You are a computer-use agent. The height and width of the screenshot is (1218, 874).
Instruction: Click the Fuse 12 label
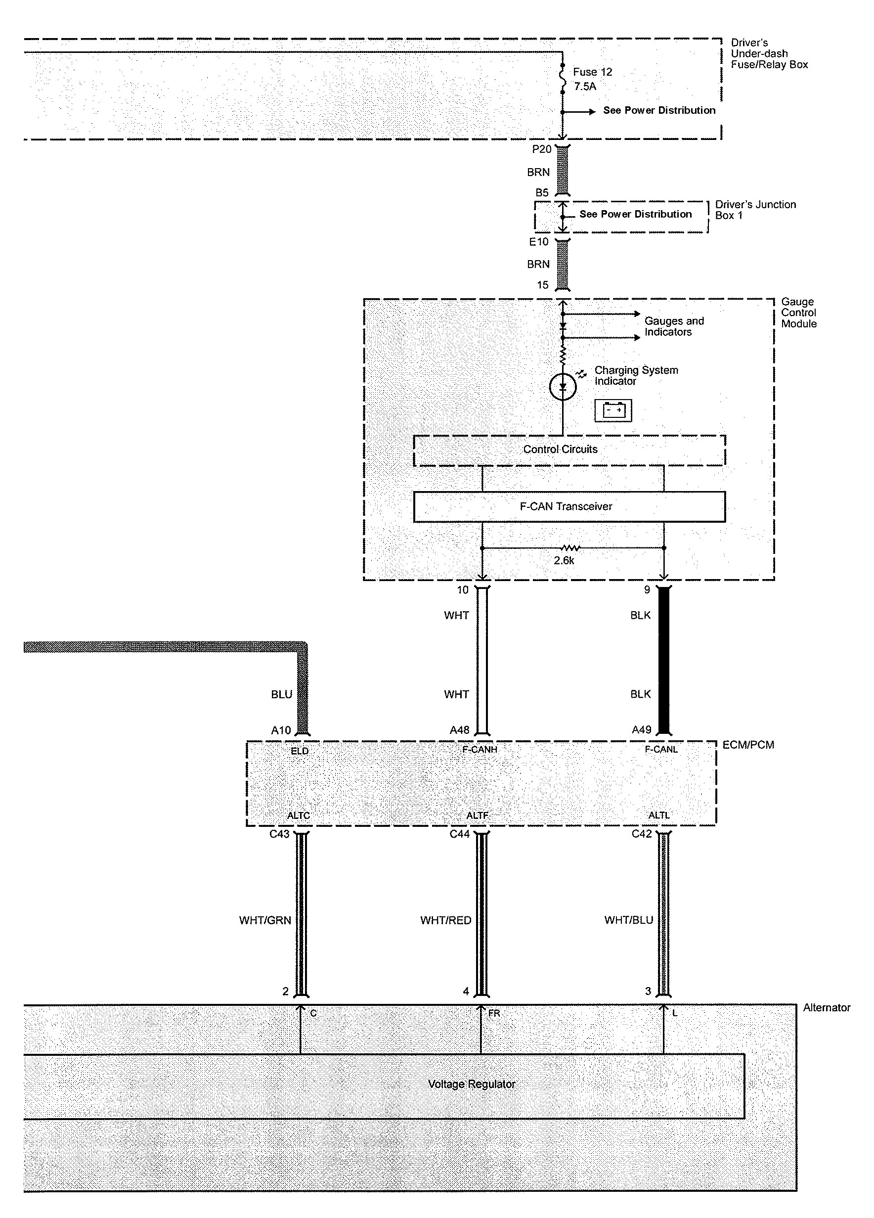592,72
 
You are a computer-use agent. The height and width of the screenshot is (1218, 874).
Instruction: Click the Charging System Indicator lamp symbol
563,386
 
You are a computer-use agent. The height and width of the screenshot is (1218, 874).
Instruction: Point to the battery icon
613,410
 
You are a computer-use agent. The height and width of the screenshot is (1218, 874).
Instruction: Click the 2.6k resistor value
564,561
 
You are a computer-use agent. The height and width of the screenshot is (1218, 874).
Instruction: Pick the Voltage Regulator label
472,1084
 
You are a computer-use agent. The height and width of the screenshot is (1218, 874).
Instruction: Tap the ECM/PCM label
748,745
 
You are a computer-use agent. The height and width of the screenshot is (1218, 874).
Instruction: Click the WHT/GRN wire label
264,920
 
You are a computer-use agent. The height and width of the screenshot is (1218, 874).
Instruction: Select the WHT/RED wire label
445,920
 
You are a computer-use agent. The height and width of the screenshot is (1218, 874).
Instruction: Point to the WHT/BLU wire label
628,920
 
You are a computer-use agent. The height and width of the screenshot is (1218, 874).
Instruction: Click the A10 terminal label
281,730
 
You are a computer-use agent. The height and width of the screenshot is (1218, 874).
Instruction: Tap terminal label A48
460,730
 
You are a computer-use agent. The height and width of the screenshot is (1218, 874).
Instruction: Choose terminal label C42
642,834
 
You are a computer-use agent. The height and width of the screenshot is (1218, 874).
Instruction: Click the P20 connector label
542,149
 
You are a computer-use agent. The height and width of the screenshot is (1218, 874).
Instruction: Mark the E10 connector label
539,242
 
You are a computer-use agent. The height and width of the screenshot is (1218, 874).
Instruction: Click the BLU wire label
281,694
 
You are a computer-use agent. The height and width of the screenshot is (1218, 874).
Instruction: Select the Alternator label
826,1008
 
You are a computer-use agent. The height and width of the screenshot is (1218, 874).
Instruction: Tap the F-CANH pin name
480,750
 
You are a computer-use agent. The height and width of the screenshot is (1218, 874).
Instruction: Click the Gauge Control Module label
799,313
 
